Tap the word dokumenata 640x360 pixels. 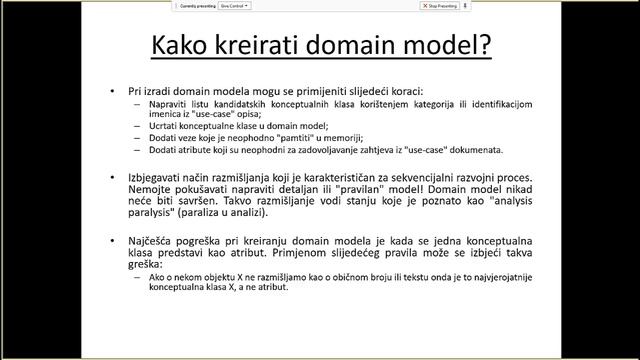click(476, 149)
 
